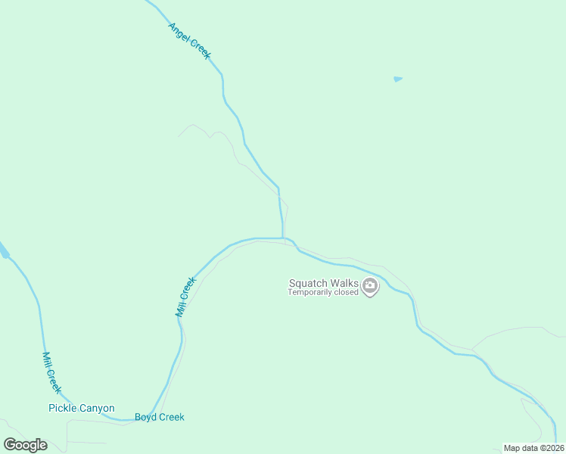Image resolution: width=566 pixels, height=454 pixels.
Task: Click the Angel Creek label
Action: click(189, 41)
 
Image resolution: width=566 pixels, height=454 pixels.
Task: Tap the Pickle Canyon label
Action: click(81, 409)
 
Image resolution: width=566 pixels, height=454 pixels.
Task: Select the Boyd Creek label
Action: click(159, 417)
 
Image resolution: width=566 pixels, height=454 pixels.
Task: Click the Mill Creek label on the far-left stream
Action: click(51, 372)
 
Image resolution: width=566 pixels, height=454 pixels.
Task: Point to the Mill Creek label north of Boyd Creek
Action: click(185, 296)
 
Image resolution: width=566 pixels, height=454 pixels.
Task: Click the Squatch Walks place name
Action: click(323, 284)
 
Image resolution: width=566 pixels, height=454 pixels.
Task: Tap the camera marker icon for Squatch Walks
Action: click(370, 286)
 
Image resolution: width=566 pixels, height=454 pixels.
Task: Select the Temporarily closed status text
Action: click(322, 293)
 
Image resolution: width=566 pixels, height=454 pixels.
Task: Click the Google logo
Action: click(25, 445)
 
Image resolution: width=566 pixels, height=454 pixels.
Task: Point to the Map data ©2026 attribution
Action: click(533, 448)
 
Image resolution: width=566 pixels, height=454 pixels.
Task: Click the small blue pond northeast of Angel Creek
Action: click(398, 79)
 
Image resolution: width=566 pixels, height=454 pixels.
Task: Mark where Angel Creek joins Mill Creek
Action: click(283, 238)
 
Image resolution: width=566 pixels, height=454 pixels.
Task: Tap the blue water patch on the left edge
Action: click(3, 251)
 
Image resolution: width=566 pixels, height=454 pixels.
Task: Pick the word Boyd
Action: click(146, 417)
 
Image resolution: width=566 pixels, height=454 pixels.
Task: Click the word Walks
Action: click(344, 284)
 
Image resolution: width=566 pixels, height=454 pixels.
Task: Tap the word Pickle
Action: click(63, 409)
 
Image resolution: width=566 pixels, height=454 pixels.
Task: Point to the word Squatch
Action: click(307, 284)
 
